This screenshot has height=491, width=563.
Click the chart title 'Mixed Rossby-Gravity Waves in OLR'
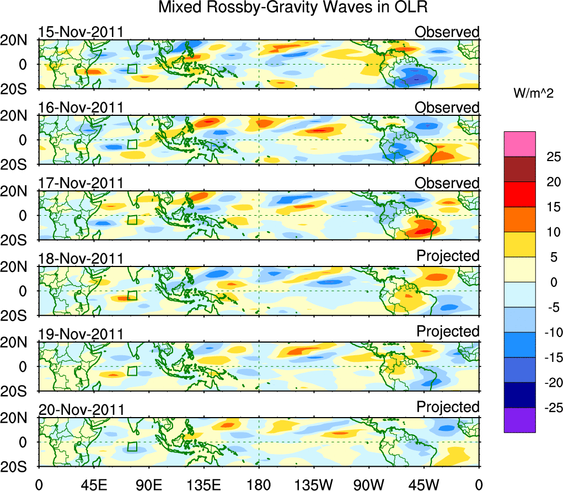293,8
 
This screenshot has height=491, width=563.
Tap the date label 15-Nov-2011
81,32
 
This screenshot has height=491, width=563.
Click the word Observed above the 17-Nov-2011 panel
447,183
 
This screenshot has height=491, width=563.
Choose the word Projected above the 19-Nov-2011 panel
448,332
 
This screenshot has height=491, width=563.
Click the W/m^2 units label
533,93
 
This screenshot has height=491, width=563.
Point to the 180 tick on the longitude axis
259,485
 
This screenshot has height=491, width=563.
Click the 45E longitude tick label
93,485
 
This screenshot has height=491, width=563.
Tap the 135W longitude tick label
313,485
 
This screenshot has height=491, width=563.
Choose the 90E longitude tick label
148,485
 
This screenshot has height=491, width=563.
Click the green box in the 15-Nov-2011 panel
132,69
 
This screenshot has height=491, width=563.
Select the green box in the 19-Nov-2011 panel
132,371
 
